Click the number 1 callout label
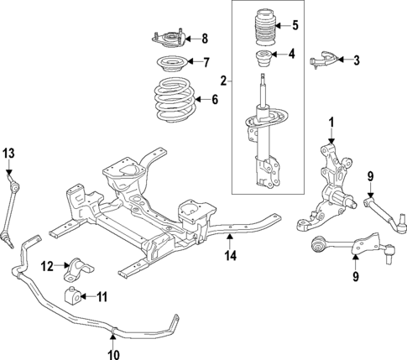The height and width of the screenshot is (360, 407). pyautogui.click(x=331, y=123)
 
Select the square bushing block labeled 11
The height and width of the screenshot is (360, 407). pyautogui.click(x=75, y=296)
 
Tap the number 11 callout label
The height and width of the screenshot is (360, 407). pyautogui.click(x=102, y=296)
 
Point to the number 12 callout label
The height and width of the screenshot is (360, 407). pyautogui.click(x=47, y=267)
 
